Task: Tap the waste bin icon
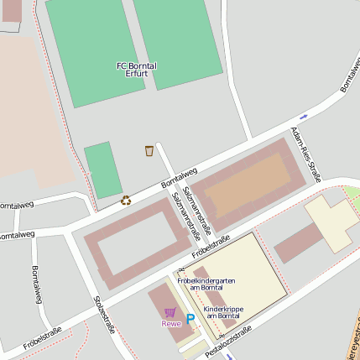coord(149,150)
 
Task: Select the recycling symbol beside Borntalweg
coord(126,200)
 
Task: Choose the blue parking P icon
coord(190,318)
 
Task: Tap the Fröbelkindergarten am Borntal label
coord(206,284)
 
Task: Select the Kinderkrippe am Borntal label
coord(223,311)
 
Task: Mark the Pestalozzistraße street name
coord(228,342)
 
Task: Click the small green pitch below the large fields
coord(103,170)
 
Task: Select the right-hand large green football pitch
coord(177,42)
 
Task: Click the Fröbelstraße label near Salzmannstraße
coord(211,244)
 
